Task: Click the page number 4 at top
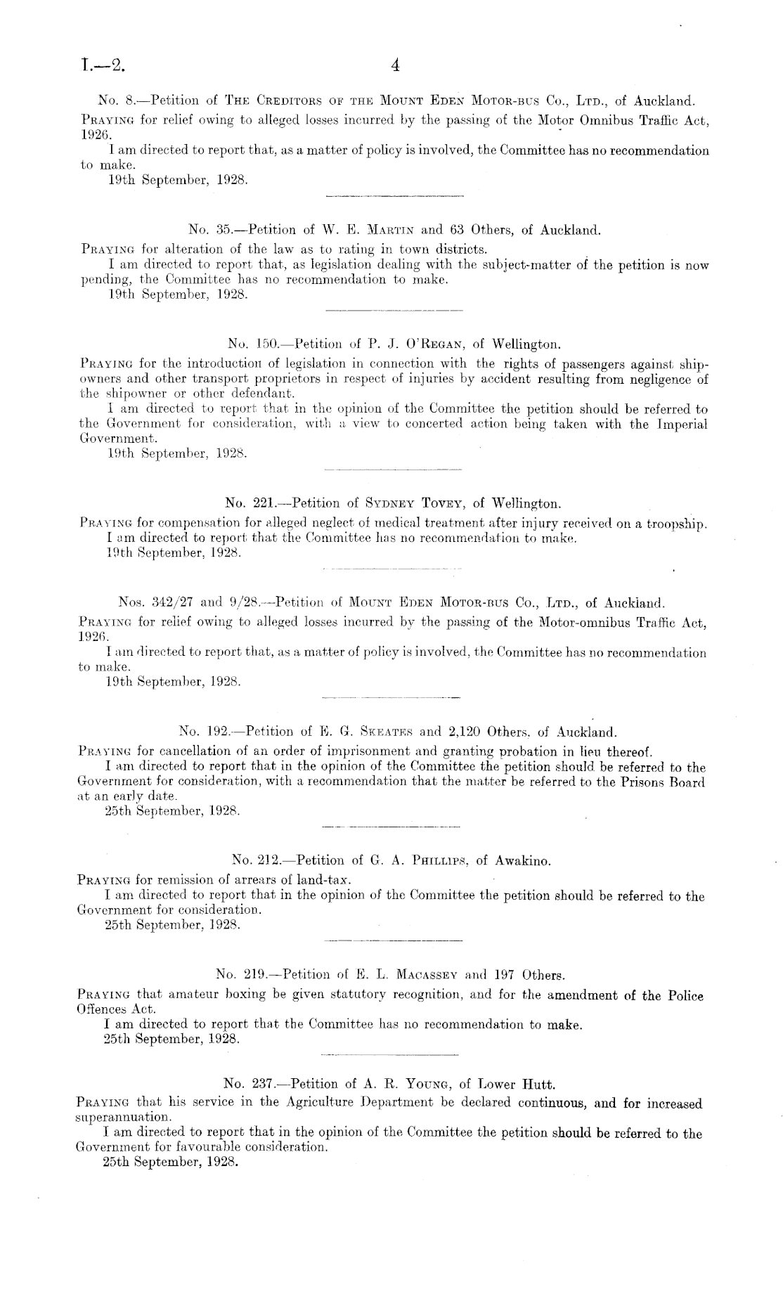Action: tap(394, 66)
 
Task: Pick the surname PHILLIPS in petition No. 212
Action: tap(437, 860)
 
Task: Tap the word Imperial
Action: tap(681, 424)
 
